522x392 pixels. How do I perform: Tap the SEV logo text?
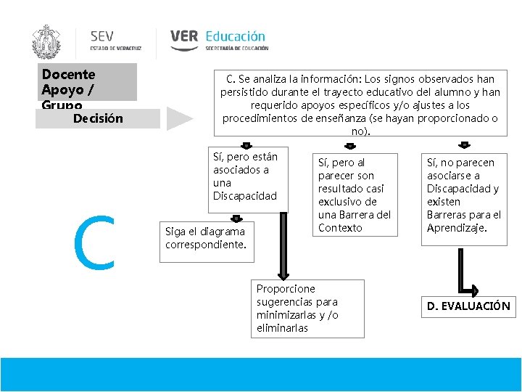tap(101, 36)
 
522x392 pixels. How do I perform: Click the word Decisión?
tap(98, 118)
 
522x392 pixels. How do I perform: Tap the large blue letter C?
tap(96, 242)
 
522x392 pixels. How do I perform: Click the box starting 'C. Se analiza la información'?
tap(360, 104)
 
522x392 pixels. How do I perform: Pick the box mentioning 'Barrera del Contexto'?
tap(354, 195)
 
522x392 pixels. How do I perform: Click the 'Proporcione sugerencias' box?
tap(307, 309)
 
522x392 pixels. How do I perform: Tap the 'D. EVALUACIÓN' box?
tap(468, 306)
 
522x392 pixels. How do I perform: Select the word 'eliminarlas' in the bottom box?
tap(282, 328)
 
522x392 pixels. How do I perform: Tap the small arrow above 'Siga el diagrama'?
tap(236, 217)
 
